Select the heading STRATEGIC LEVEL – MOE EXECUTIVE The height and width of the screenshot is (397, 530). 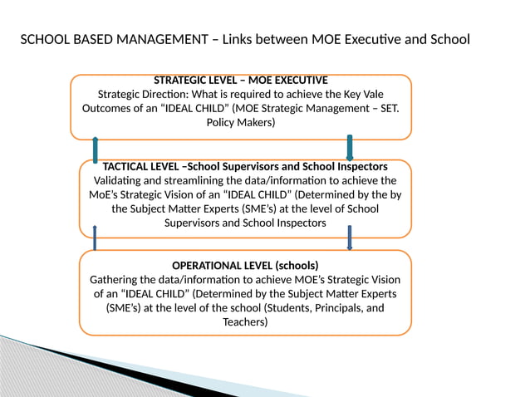pos(241,81)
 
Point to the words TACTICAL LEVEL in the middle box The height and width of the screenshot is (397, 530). pos(137,167)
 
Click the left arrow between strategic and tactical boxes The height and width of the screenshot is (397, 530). pos(96,149)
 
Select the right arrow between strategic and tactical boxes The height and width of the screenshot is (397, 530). pos(350,148)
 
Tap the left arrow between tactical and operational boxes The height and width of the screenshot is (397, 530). pos(96,238)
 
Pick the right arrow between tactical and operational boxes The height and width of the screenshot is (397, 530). pos(350,238)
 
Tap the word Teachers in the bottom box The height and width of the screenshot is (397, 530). pos(246,322)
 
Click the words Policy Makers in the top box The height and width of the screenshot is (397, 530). pos(240,123)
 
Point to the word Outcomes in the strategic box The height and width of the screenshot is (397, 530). pos(108,109)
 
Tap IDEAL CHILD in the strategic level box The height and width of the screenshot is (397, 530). pos(214,109)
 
